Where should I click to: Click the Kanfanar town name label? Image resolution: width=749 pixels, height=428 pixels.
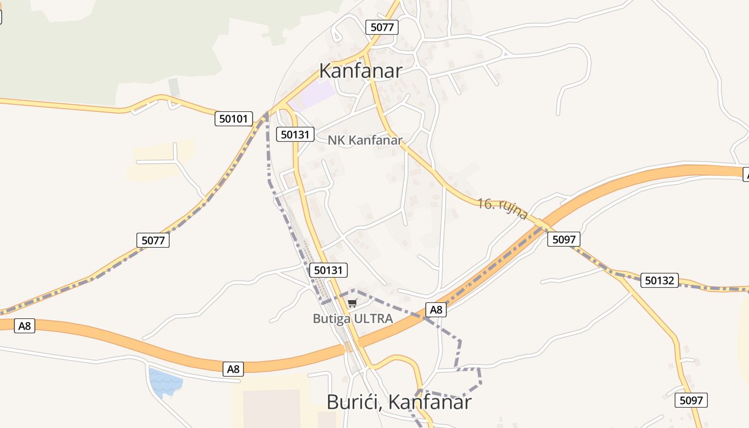(x=360, y=71)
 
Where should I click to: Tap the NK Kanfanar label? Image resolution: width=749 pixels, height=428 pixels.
(x=365, y=140)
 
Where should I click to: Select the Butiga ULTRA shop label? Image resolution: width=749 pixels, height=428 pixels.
(x=353, y=319)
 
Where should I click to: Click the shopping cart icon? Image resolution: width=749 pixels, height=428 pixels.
(x=352, y=303)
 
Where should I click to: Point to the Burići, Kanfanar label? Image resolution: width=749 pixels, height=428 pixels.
(x=399, y=402)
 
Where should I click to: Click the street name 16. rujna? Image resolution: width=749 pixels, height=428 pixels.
(x=502, y=209)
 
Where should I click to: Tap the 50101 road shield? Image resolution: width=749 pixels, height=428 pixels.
(x=234, y=119)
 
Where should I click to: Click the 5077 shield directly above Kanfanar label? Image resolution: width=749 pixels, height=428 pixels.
(x=382, y=27)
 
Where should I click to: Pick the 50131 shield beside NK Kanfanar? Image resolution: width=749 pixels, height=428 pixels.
(x=295, y=134)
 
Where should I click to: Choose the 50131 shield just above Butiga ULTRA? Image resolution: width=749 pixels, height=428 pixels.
(x=328, y=270)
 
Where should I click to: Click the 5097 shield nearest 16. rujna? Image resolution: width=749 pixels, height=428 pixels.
(x=563, y=239)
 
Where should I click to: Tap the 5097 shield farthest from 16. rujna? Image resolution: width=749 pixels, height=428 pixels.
(x=691, y=400)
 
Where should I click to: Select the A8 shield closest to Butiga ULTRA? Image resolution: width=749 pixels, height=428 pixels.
(x=436, y=309)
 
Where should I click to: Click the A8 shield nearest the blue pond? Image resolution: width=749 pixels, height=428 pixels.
(x=233, y=369)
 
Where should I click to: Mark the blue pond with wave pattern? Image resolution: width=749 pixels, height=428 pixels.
(x=165, y=381)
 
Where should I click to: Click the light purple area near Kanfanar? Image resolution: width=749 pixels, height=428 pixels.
(x=313, y=95)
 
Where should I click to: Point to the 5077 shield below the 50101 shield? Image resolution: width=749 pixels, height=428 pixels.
(x=153, y=240)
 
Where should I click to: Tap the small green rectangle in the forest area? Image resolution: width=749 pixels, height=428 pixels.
(x=174, y=87)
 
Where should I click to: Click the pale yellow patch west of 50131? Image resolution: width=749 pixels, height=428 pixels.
(x=160, y=160)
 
